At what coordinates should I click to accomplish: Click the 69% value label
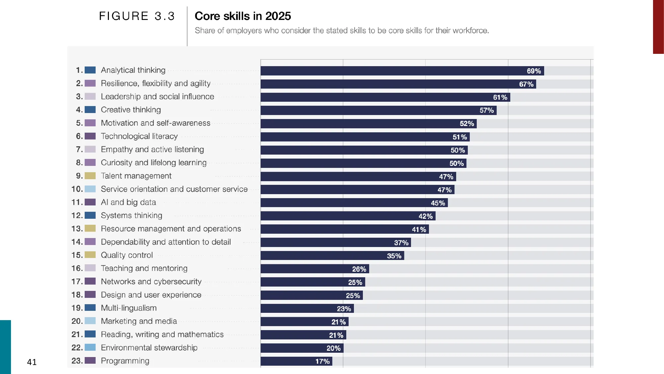click(x=534, y=71)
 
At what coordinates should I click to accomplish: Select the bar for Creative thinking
click(x=378, y=110)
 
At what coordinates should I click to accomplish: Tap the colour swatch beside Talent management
click(x=90, y=176)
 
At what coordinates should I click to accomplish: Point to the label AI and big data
click(x=128, y=202)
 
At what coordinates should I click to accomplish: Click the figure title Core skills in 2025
click(x=243, y=16)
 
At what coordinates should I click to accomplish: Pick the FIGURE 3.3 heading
click(x=137, y=16)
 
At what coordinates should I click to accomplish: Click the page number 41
click(x=32, y=362)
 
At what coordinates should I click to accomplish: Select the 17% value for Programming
click(x=322, y=361)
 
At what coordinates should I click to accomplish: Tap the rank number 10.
click(x=77, y=189)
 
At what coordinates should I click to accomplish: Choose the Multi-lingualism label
click(x=128, y=308)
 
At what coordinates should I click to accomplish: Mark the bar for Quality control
click(x=332, y=256)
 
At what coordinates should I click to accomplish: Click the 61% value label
click(x=500, y=97)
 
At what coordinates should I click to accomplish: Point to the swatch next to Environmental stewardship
click(x=90, y=347)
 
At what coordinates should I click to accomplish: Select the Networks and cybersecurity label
click(x=151, y=282)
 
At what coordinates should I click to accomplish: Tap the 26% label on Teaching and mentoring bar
click(x=359, y=269)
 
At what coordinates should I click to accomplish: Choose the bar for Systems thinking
click(x=348, y=216)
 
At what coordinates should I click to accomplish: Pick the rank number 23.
click(x=77, y=361)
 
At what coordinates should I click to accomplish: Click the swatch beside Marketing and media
click(x=90, y=321)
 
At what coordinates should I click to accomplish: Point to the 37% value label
click(x=401, y=243)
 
